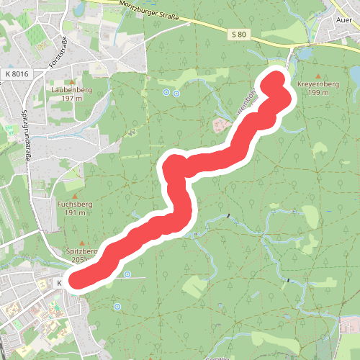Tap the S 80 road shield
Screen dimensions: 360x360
pyautogui.click(x=240, y=34)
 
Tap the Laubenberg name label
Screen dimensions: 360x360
pyautogui.click(x=71, y=90)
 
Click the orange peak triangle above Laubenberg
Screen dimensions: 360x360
pyautogui.click(x=71, y=82)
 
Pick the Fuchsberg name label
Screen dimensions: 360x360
pyautogui.click(x=73, y=204)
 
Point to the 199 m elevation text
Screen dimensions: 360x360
pyautogui.click(x=318, y=93)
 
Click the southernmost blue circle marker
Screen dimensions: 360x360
pyautogui.click(x=117, y=307)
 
